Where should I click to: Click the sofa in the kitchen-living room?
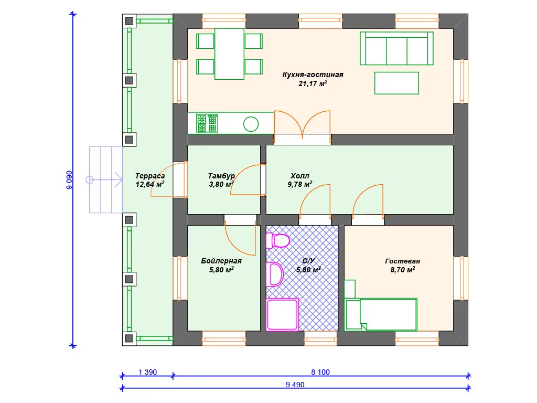[x=396, y=48]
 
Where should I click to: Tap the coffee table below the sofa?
[x=396, y=83]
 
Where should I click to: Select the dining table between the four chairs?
[x=230, y=54]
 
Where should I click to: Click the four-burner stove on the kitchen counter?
[x=207, y=123]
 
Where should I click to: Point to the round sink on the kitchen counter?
[x=251, y=124]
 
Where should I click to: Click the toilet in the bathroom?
[x=278, y=240]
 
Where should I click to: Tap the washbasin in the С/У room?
[x=275, y=274]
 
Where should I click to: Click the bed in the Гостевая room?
[x=381, y=315]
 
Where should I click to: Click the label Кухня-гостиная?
[x=313, y=75]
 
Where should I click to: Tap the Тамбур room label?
[x=221, y=176]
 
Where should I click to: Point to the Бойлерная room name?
[x=221, y=261]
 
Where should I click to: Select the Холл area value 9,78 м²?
[x=300, y=184]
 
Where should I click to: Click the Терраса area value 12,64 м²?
[x=150, y=184]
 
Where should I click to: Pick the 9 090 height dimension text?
[x=70, y=180]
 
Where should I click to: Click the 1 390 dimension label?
[x=147, y=372]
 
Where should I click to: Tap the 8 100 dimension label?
[x=320, y=372]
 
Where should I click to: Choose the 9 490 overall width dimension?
[x=295, y=385]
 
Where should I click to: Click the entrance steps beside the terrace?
[x=106, y=180]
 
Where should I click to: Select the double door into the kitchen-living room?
[x=303, y=124]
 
